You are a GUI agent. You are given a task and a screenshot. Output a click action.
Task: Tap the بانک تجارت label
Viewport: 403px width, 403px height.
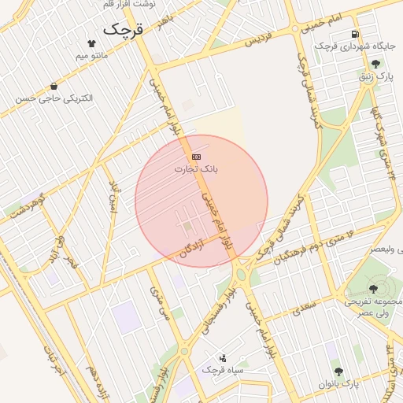click(x=202, y=169)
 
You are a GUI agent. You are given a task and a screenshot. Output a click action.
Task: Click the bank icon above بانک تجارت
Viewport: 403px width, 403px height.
click(x=196, y=157)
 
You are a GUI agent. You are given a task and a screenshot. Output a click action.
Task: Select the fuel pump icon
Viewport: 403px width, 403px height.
click(x=355, y=35)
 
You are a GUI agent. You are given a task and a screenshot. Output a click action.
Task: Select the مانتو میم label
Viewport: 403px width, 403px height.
click(x=92, y=56)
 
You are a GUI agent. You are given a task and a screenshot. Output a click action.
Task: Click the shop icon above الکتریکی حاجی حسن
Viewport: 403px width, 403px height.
click(x=54, y=86)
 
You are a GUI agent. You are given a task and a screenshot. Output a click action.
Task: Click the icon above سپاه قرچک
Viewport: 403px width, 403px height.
click(x=223, y=357)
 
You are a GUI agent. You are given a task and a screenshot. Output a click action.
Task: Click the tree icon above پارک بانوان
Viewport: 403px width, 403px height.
click(x=338, y=371)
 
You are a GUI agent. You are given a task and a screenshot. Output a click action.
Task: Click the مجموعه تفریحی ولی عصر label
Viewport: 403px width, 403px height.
click(x=373, y=307)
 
